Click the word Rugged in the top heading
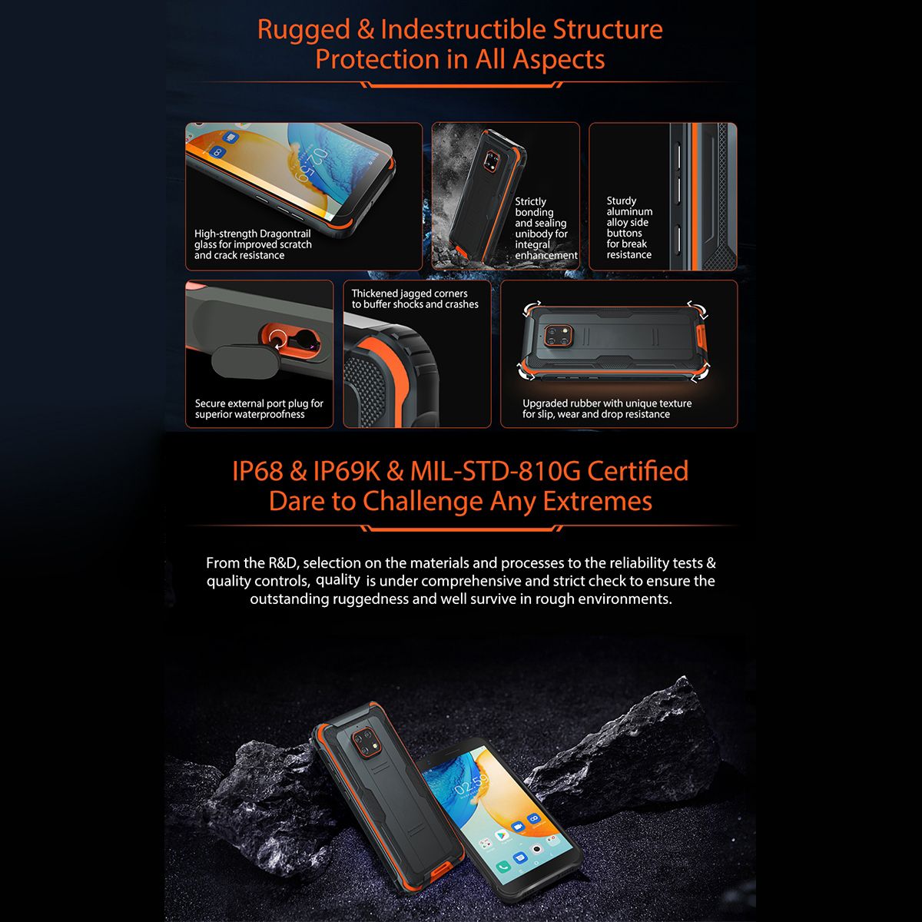pos(303,31)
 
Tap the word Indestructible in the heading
pos(463,29)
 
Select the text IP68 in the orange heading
pos(257,471)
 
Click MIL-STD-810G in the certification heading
pos(496,471)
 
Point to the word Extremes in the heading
pos(598,502)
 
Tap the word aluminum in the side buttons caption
pos(629,211)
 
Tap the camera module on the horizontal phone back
pos(559,334)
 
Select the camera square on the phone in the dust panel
pos(492,161)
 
